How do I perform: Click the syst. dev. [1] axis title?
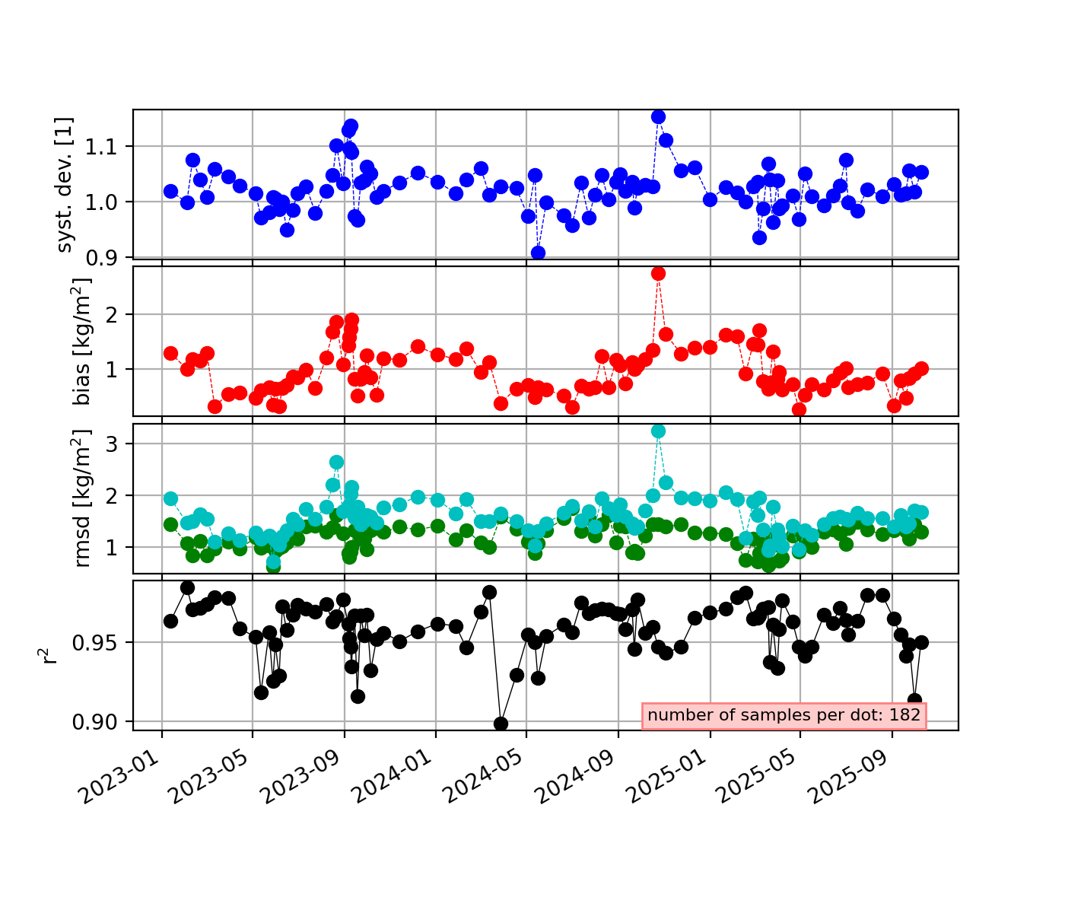pos(66,184)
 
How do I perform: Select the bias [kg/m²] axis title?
pos(81,341)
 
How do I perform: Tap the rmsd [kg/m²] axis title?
pos(81,498)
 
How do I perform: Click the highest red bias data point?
pos(659,273)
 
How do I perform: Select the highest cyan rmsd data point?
pos(659,431)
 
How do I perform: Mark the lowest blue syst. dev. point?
pos(538,253)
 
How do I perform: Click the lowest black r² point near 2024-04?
pos(501,724)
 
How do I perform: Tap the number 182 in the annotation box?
pos(905,715)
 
